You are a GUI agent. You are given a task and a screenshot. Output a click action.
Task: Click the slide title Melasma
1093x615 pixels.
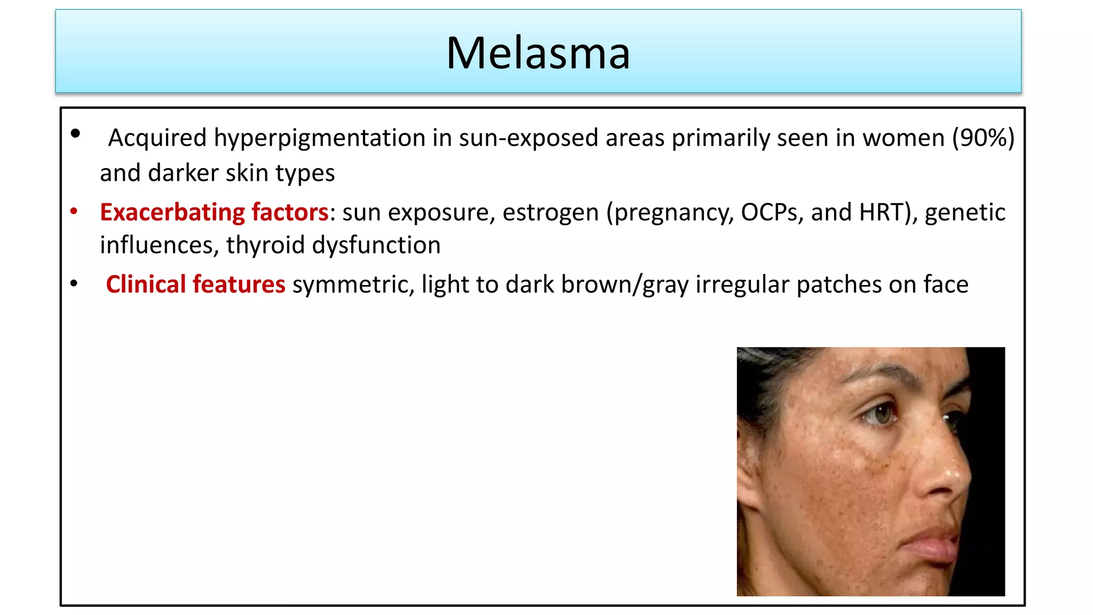click(538, 53)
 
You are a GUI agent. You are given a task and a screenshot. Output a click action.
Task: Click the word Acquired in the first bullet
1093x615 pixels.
click(157, 138)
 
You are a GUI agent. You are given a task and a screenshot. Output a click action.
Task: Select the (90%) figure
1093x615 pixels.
click(983, 138)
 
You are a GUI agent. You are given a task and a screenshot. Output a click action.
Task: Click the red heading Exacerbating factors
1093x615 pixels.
click(213, 212)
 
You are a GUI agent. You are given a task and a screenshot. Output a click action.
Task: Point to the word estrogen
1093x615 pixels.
click(550, 212)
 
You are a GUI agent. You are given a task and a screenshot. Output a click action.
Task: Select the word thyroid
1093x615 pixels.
click(265, 245)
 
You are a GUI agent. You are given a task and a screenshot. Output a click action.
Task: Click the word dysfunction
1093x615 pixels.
click(376, 245)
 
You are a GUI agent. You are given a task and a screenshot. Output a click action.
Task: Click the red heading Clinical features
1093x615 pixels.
click(195, 284)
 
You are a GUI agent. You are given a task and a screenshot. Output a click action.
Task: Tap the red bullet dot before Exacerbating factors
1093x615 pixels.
click(74, 212)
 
